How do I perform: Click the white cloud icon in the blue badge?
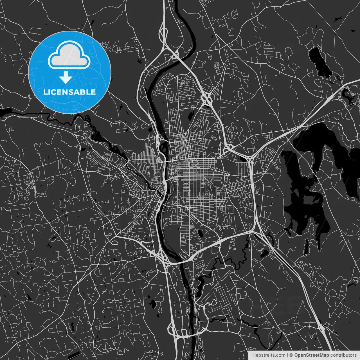[69, 55]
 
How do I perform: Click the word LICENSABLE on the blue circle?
[69, 92]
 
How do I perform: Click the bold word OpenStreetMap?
[312, 355]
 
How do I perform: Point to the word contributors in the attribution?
[343, 355]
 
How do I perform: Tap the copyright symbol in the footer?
[291, 355]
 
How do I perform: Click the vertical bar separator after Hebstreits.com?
[287, 355]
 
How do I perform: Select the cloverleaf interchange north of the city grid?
[207, 99]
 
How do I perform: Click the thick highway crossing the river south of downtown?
[180, 261]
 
